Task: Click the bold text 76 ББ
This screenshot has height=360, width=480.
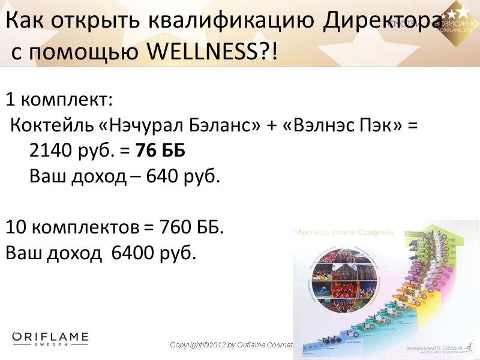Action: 161,152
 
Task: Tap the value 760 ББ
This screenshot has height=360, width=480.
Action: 191,228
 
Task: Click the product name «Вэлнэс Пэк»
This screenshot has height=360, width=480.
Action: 340,126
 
